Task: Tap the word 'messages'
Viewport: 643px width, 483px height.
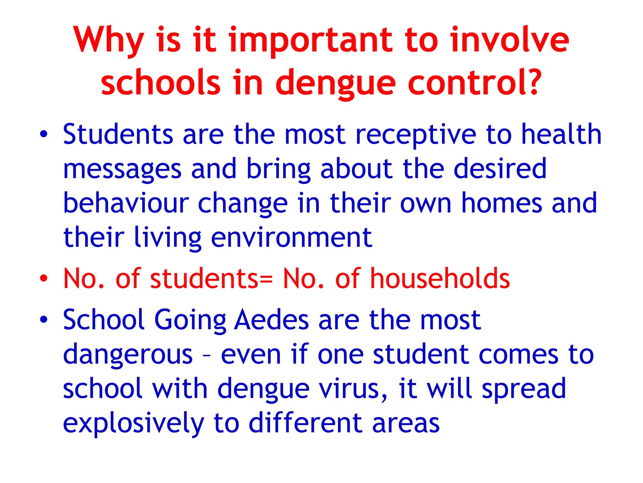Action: [x=122, y=170]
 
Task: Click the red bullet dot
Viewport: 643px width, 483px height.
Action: [x=44, y=279]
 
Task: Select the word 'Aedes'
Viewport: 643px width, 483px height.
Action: [x=272, y=320]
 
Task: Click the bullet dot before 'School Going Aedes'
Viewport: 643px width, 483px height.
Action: [x=44, y=319]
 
